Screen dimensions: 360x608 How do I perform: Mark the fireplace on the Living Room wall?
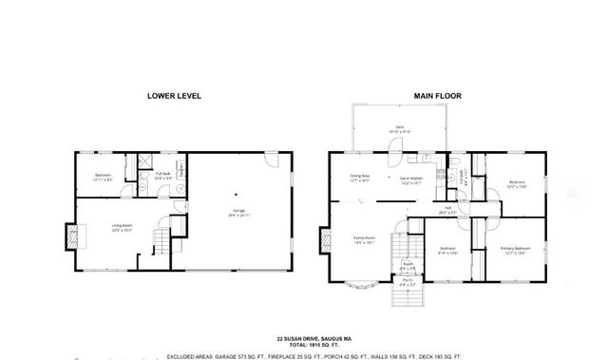tap(69, 234)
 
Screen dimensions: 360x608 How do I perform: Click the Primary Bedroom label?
tap(516, 250)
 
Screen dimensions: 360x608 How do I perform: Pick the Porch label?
tap(407, 281)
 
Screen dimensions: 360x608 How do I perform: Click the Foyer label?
tap(407, 267)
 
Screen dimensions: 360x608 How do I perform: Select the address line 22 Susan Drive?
tap(314, 337)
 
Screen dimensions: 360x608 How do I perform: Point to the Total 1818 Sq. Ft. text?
tap(314, 344)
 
